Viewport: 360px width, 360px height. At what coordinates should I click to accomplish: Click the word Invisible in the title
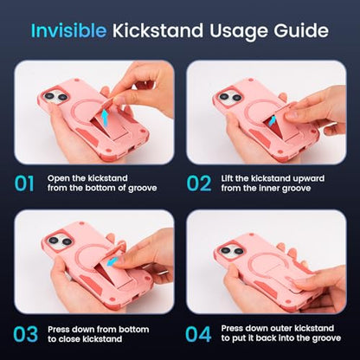pos(68,30)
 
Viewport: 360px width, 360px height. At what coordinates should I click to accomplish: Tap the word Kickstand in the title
pos(157,30)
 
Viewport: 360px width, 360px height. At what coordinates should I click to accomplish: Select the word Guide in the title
pos(301,30)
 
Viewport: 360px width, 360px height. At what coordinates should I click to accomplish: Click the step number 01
pos(24,183)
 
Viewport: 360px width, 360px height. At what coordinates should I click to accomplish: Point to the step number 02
pos(199,183)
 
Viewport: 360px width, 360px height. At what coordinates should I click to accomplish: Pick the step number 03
pos(25,334)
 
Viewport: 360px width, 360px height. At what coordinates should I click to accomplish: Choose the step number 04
pos(198,334)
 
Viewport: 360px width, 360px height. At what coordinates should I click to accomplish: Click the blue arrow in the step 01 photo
pos(106,117)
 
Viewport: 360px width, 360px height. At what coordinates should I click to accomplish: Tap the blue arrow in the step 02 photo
pos(272,120)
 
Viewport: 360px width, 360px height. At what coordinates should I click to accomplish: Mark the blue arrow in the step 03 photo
pos(112,261)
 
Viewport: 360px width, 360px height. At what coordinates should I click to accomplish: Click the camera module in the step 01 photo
pos(56,97)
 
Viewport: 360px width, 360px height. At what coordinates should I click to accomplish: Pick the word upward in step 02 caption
pos(309,179)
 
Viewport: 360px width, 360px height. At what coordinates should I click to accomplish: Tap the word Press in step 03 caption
pos(59,329)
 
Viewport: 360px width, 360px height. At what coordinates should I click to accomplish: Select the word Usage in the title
pos(239,30)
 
